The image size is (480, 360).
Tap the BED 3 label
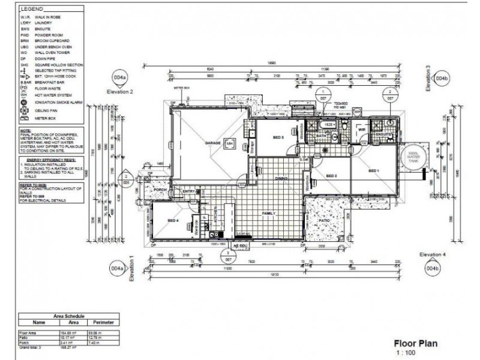click(x=278, y=137)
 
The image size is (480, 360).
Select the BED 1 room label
click(x=374, y=171)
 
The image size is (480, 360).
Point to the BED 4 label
click(x=173, y=220)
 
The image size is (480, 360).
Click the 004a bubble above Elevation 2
click(x=121, y=78)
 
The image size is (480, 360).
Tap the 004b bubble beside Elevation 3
click(x=442, y=78)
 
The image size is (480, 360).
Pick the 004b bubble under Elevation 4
click(x=433, y=269)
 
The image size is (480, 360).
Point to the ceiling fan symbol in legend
click(x=24, y=110)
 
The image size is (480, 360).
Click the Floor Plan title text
click(x=415, y=343)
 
